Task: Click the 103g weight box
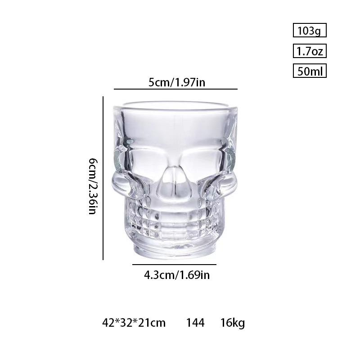tap(309, 31)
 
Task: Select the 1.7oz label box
tap(309, 51)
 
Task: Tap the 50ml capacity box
tap(309, 71)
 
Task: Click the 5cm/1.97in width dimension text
tap(177, 82)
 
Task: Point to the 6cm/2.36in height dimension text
tap(92, 185)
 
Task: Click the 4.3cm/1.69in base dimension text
tap(177, 274)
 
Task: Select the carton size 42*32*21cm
tap(134, 323)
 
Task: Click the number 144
tap(195, 323)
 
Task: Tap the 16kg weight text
tap(233, 323)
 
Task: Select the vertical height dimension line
tap(103, 178)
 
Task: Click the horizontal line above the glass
tap(175, 89)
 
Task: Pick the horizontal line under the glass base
tap(174, 265)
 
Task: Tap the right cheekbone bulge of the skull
tap(229, 182)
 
